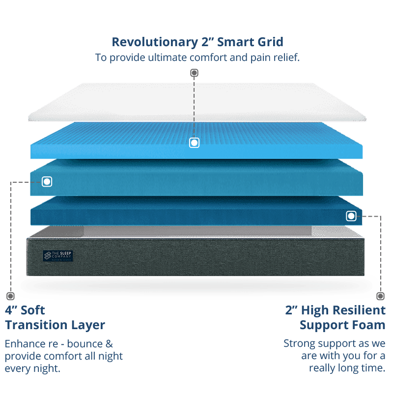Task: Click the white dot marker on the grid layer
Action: tap(194, 143)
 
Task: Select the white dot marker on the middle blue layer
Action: tap(47, 182)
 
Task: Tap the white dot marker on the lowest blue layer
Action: tap(351, 216)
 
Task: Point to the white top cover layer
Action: tap(196, 101)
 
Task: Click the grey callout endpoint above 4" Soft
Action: tap(10, 296)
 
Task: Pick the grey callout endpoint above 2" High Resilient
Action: tap(381, 296)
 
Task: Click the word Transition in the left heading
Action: tap(55, 325)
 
